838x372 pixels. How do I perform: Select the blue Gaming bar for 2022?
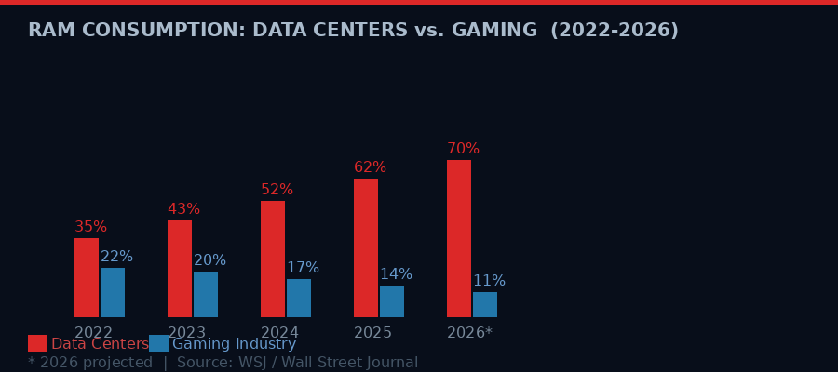tap(113, 292)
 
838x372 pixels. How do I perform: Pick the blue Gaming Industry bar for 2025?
tap(392, 301)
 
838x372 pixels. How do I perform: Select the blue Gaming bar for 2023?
tap(206, 294)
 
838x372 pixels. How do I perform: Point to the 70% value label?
tap(463, 149)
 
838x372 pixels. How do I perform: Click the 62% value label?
tap(370, 167)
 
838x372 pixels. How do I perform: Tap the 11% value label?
tap(489, 281)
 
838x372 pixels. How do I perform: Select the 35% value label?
tap(90, 227)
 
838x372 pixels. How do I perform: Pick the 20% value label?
tap(209, 260)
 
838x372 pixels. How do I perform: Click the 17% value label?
tap(303, 268)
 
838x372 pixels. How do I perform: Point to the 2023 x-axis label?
tap(186, 333)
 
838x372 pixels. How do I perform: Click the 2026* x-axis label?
tap(469, 333)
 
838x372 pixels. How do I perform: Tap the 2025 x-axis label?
tap(372, 333)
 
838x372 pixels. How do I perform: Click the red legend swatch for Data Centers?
tap(37, 344)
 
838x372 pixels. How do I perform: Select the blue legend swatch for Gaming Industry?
tap(158, 344)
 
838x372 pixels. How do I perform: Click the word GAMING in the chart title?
tap(493, 31)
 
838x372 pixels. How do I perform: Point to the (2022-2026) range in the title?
tap(615, 31)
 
